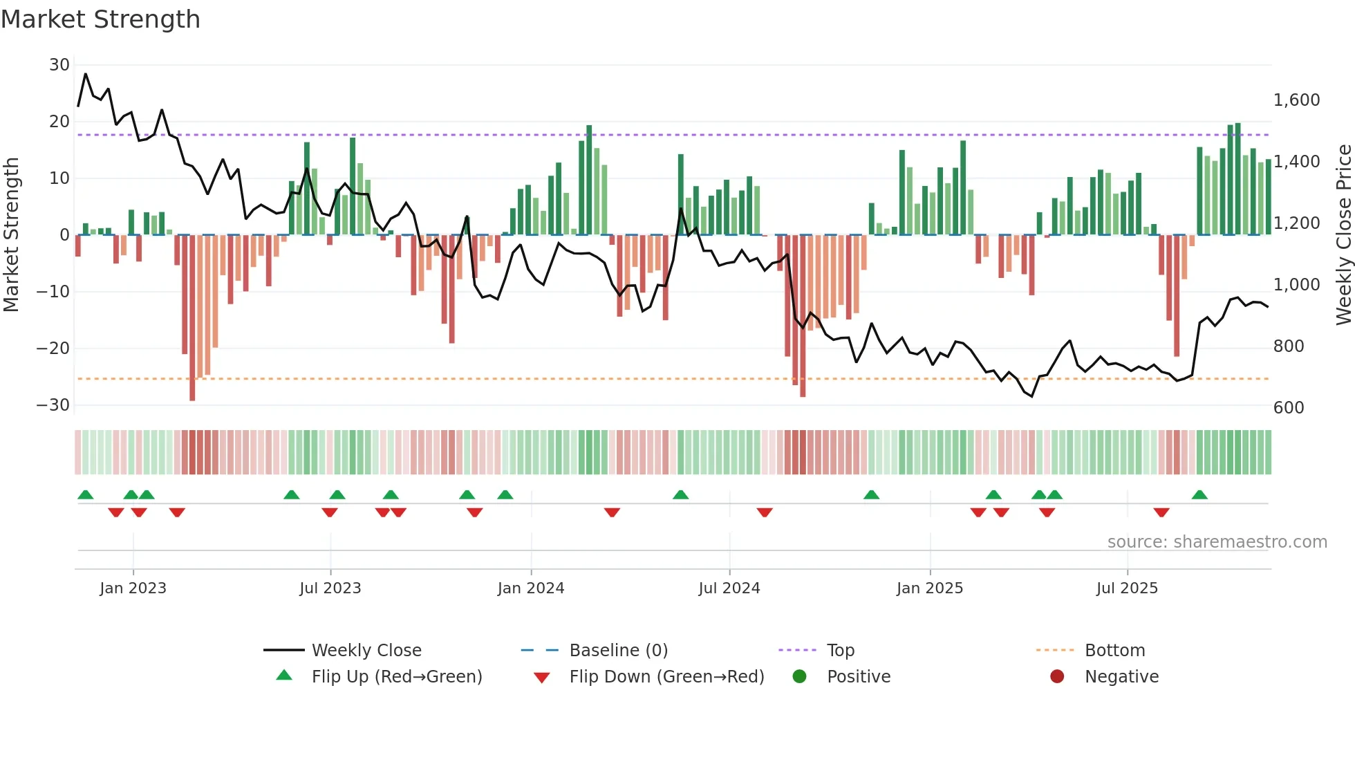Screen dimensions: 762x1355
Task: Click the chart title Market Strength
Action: [x=100, y=19]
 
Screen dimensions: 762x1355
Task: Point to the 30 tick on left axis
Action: [x=59, y=65]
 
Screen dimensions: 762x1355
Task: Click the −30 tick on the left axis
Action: [x=53, y=405]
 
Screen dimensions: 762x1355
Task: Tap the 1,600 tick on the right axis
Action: [x=1296, y=100]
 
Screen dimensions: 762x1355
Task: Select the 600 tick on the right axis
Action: [x=1289, y=408]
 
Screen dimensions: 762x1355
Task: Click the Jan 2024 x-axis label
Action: [x=530, y=588]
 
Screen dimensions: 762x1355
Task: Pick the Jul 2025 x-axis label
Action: [x=1126, y=588]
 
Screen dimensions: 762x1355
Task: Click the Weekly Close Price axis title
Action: [x=1343, y=235]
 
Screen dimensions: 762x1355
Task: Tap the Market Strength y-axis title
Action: [x=12, y=235]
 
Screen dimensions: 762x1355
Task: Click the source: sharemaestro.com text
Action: [x=1217, y=542]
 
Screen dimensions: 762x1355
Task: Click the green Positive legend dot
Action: [x=800, y=677]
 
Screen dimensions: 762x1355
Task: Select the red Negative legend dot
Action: [x=1057, y=677]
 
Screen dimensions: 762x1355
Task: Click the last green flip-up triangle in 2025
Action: [x=1199, y=495]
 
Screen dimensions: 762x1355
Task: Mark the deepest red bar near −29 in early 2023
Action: [x=192, y=318]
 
